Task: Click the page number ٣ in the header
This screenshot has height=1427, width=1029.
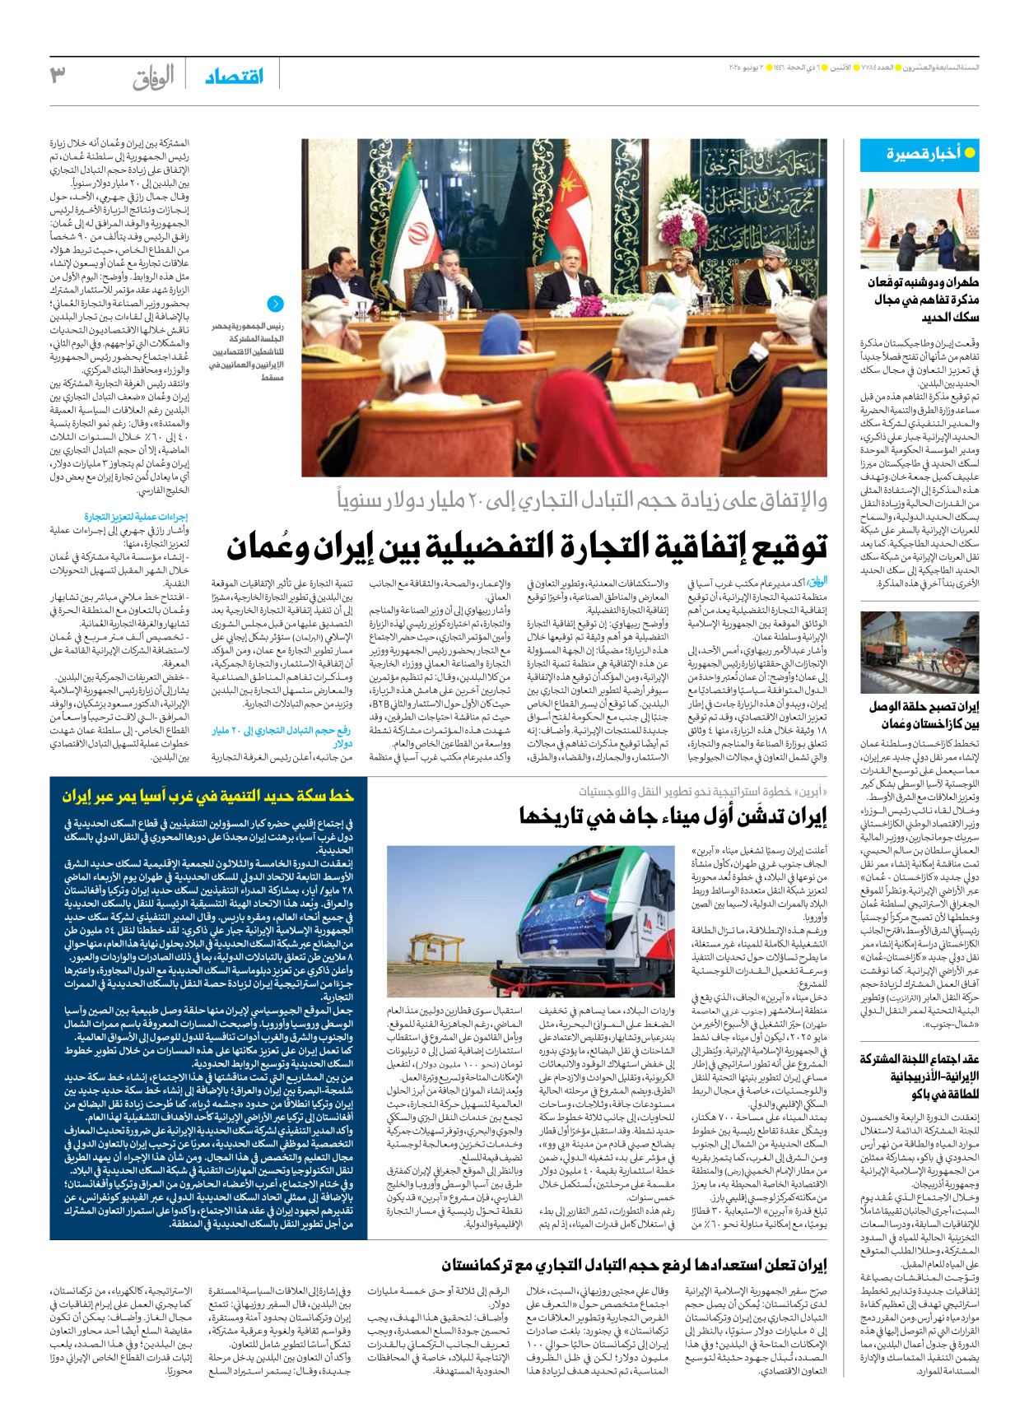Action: pyautogui.click(x=58, y=75)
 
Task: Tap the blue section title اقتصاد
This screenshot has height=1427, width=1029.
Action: pyautogui.click(x=234, y=77)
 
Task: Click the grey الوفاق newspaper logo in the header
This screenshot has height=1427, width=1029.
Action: pyautogui.click(x=153, y=77)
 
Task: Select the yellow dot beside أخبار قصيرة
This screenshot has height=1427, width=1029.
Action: pyautogui.click(x=970, y=153)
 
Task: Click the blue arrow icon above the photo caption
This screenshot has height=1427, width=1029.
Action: pyautogui.click(x=276, y=304)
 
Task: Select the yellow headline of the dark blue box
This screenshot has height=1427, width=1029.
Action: pyautogui.click(x=208, y=796)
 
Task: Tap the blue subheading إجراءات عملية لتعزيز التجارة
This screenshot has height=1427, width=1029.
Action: pyautogui.click(x=136, y=517)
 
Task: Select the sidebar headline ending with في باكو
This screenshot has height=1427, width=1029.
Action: pyautogui.click(x=920, y=1076)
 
